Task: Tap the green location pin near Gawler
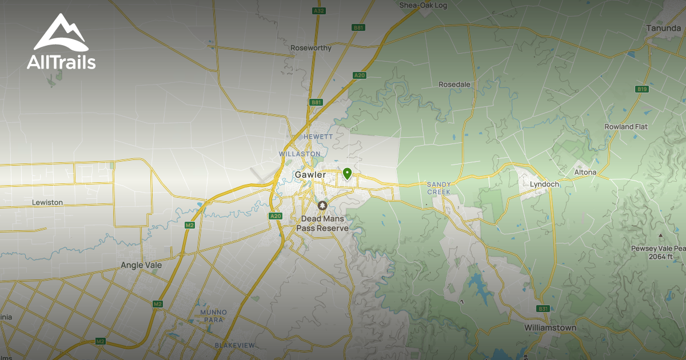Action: (346, 173)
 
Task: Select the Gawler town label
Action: (310, 174)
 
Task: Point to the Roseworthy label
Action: (311, 48)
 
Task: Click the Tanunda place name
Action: (663, 27)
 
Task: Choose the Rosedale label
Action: (454, 85)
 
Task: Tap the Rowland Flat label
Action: (626, 127)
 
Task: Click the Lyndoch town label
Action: (544, 185)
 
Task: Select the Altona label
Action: (585, 172)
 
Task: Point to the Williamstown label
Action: (551, 328)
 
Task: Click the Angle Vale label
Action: (141, 265)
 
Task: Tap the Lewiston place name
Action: (47, 202)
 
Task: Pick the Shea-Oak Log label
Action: (423, 5)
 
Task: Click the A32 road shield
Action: (319, 10)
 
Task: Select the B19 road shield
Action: (642, 89)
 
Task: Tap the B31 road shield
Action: (543, 309)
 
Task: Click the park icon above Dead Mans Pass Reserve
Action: (322, 205)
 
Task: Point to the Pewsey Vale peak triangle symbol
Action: (661, 235)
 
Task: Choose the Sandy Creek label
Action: (439, 188)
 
